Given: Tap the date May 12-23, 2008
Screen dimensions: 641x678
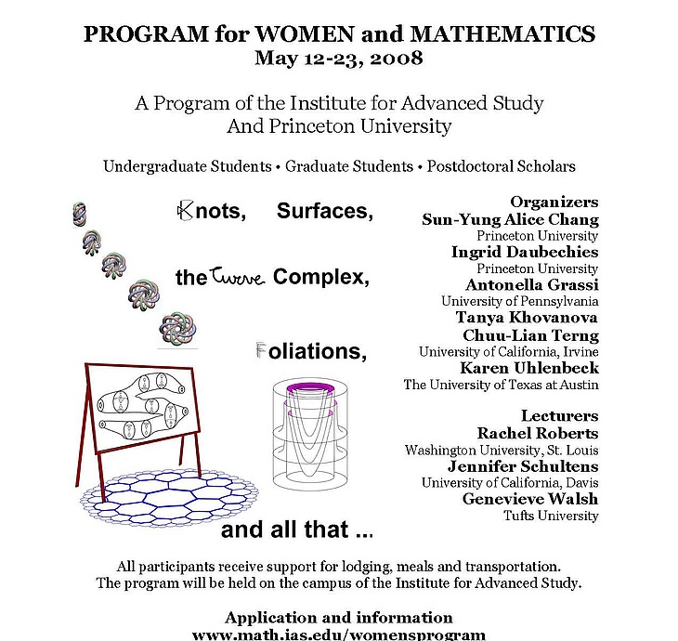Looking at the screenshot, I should point(338,59).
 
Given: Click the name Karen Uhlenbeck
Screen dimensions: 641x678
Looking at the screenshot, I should point(529,368).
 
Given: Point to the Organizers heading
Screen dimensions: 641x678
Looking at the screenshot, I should point(554,202).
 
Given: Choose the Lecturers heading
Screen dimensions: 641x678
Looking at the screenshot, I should point(559,415).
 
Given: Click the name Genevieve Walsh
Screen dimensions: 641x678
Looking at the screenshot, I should point(530,499).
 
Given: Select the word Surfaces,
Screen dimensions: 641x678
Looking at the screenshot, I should point(325,212).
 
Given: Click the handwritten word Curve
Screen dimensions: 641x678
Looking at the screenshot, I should point(239,276).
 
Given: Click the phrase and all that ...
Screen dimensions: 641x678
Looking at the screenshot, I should point(297,531).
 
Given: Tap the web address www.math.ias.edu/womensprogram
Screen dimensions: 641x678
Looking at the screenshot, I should point(338,634).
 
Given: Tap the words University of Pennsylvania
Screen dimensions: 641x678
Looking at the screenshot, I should point(519,301).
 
